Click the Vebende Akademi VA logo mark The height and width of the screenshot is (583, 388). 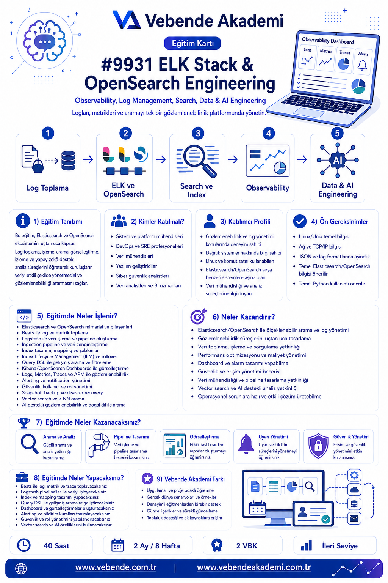tap(127, 20)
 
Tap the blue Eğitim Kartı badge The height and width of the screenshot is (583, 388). tap(192, 43)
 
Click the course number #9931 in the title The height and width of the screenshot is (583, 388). tap(127, 64)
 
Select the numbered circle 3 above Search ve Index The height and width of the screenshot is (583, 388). tap(198, 133)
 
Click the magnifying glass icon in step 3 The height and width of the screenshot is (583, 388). tap(199, 161)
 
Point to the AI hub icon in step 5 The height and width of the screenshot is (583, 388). tap(337, 160)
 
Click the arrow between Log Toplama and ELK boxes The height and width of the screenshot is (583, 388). tap(88, 159)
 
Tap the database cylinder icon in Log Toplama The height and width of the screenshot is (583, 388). tap(68, 161)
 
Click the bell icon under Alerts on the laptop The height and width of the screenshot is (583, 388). tap(362, 65)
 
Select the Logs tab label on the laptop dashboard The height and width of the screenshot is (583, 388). tap(307, 50)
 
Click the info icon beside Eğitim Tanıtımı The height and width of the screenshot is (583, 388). tap(23, 221)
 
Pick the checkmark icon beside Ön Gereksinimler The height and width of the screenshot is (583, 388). tap(300, 221)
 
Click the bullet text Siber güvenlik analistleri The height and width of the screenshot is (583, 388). tap(142, 276)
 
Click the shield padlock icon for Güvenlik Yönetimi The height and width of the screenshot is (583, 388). tap(318, 446)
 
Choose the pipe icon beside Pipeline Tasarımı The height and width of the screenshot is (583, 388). tap(99, 445)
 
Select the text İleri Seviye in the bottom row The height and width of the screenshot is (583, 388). tap(339, 545)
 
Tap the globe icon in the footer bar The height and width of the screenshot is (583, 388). tap(21, 569)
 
